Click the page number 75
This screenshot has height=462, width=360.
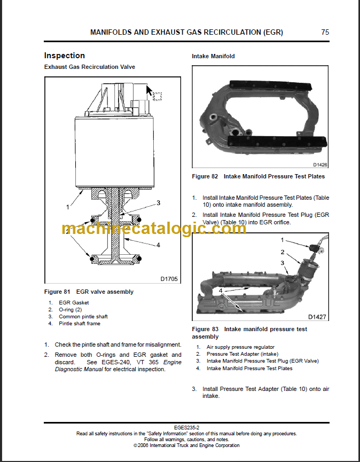pyautogui.click(x=325, y=32)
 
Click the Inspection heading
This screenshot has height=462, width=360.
pyautogui.click(x=64, y=56)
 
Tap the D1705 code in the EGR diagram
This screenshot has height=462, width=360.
pyautogui.click(x=169, y=278)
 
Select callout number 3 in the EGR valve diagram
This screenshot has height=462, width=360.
pyautogui.click(x=158, y=203)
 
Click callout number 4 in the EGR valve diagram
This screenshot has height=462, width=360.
pyautogui.click(x=158, y=245)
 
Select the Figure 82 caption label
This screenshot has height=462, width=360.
pyautogui.click(x=206, y=176)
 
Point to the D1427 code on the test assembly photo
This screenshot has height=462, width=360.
pyautogui.click(x=317, y=316)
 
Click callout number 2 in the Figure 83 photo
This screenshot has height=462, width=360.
pyautogui.click(x=283, y=252)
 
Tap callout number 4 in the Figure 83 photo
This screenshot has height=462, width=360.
pyautogui.click(x=220, y=291)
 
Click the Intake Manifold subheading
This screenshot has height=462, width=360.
pyautogui.click(x=213, y=56)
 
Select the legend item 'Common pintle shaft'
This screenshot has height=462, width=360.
pyautogui.click(x=83, y=317)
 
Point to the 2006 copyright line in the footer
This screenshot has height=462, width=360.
pyautogui.click(x=186, y=445)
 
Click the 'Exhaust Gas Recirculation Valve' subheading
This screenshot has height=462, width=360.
pyautogui.click(x=89, y=67)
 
